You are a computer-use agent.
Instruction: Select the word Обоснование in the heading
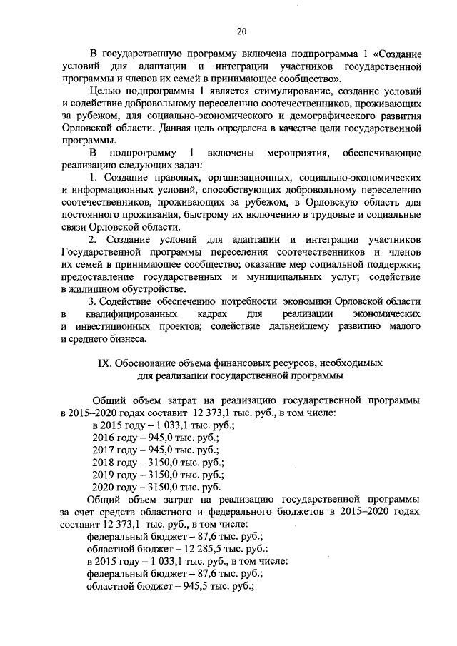point(147,363)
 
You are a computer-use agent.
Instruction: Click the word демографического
point(313,116)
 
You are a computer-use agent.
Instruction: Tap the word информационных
point(110,191)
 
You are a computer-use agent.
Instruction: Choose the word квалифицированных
point(128,314)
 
